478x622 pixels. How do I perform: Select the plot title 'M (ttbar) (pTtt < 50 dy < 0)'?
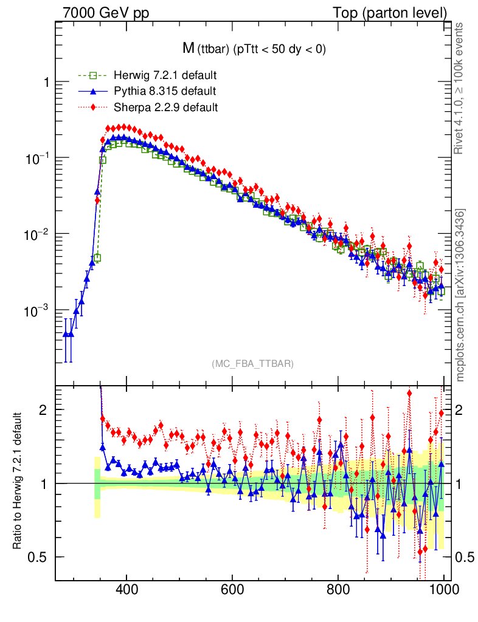click(x=254, y=50)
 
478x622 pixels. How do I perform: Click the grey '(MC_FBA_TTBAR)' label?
click(x=253, y=364)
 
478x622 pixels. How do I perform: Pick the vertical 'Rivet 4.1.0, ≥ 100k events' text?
click(x=460, y=88)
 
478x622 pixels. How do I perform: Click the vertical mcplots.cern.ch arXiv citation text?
click(x=460, y=295)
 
